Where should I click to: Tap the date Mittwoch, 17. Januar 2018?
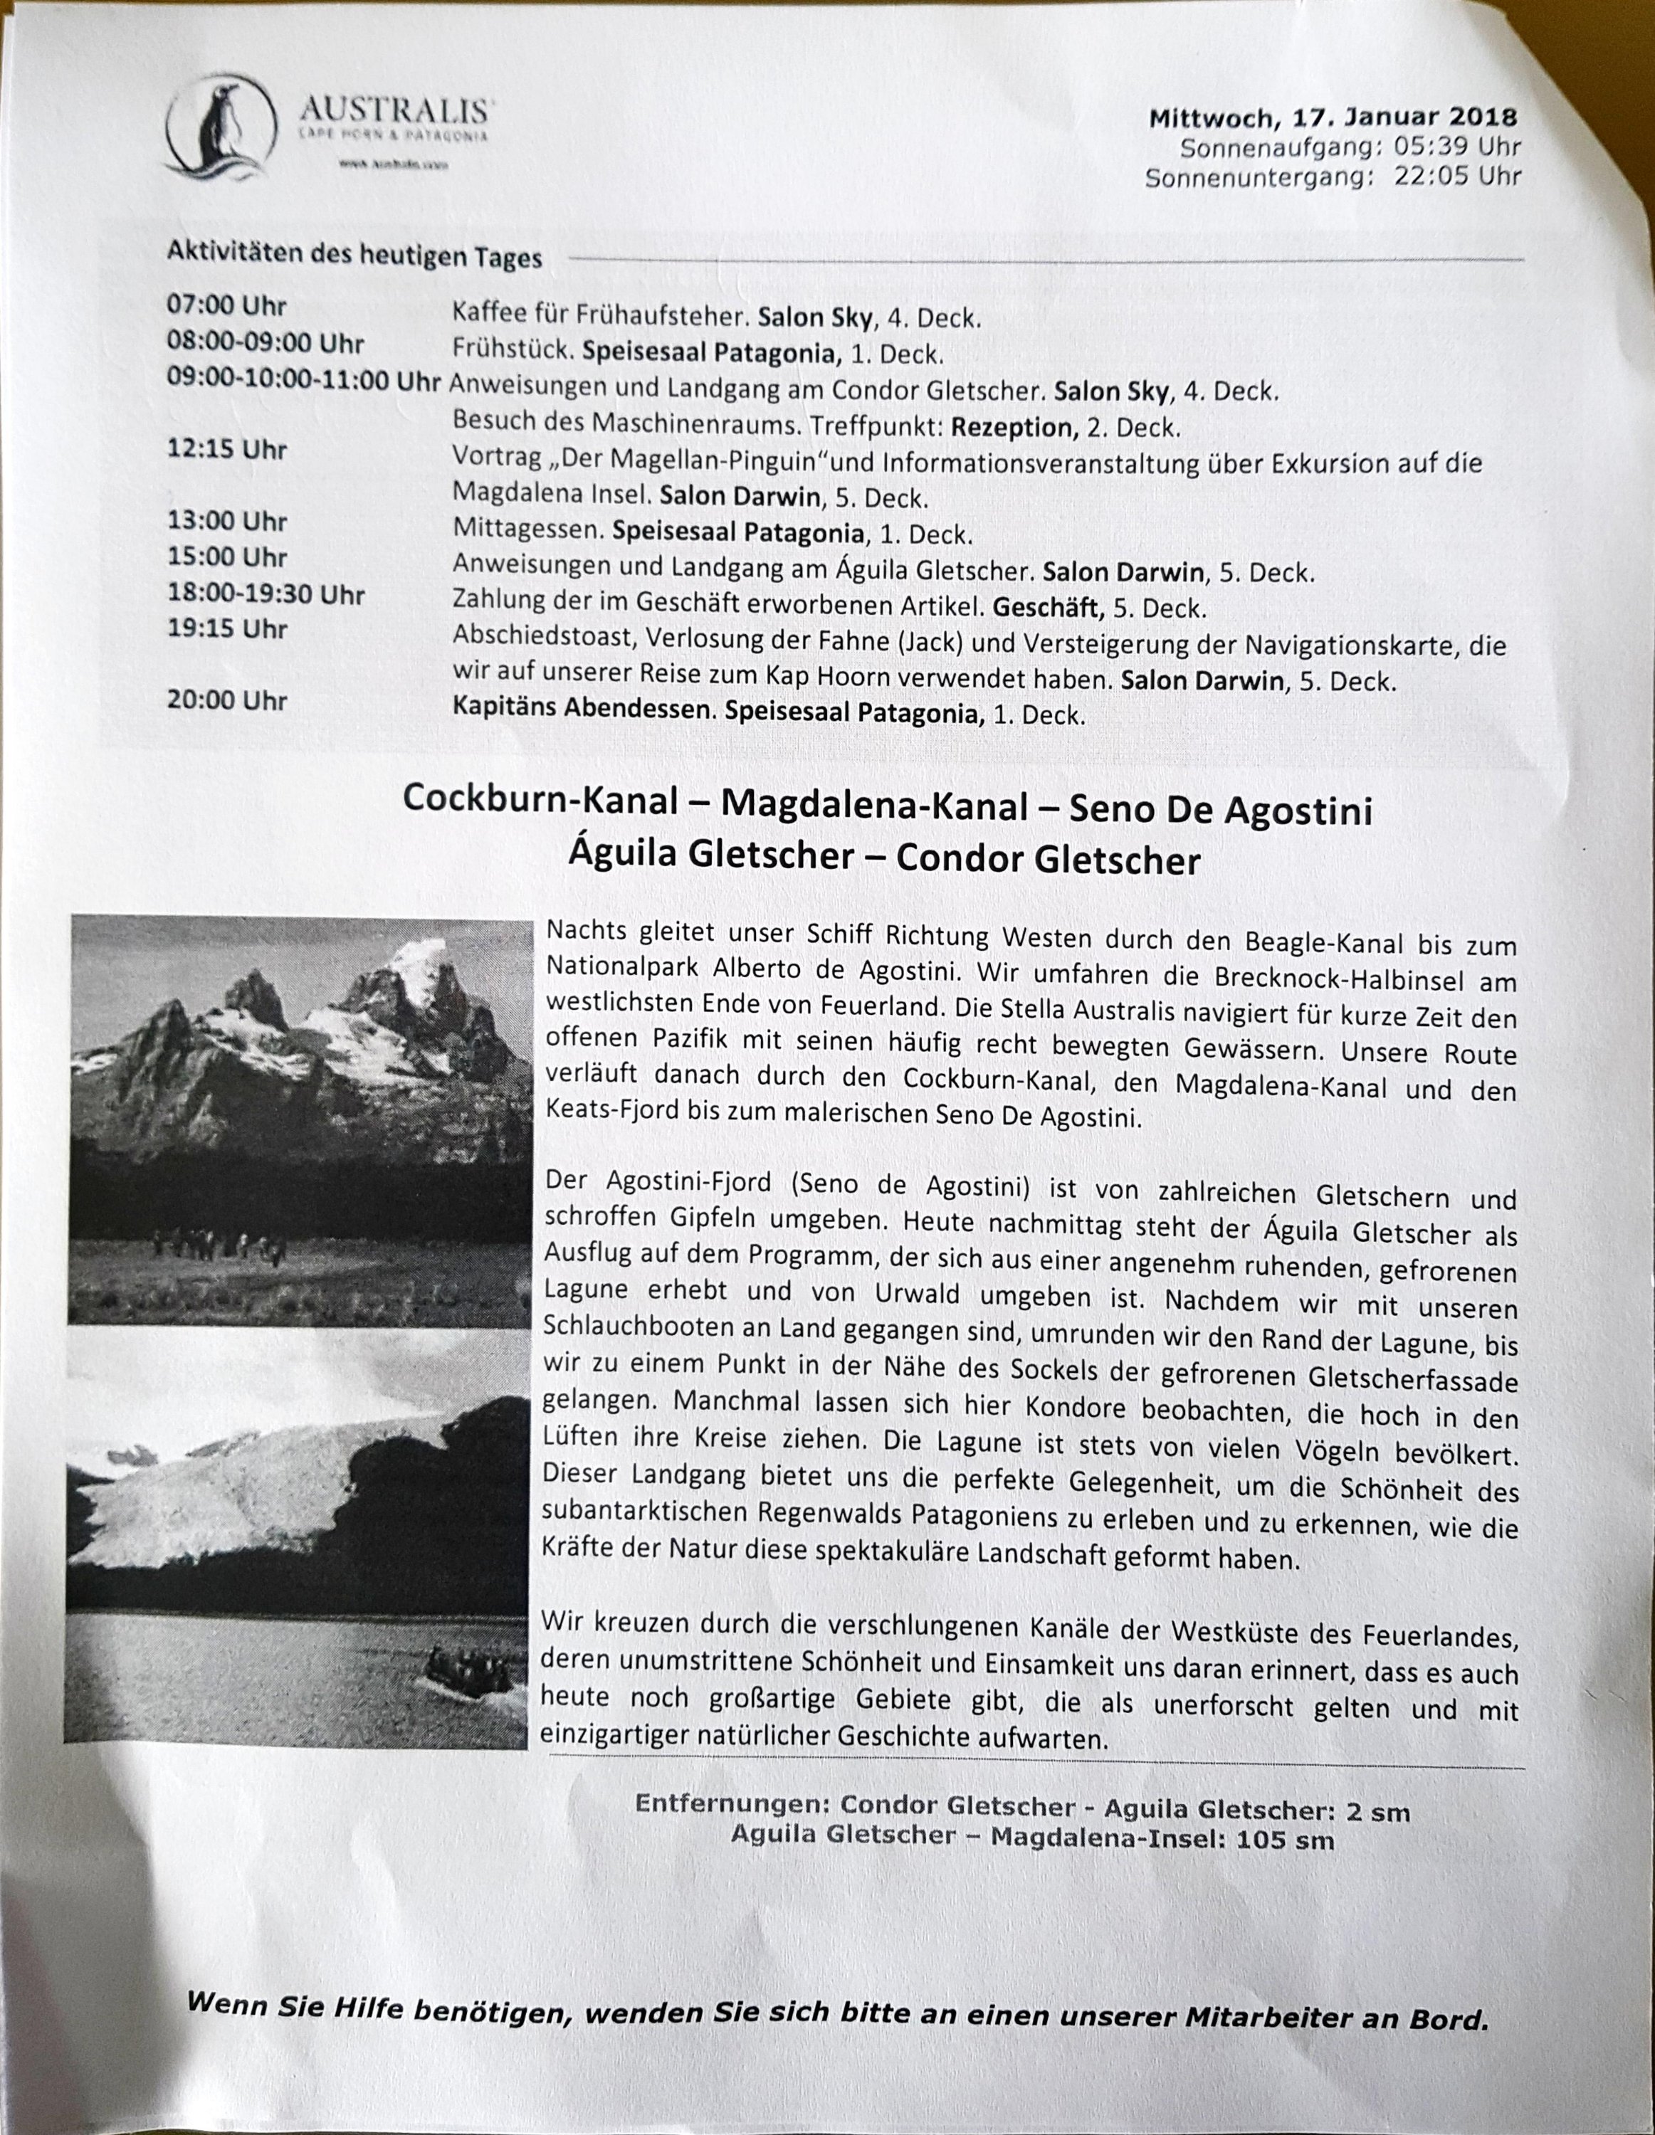tap(1333, 118)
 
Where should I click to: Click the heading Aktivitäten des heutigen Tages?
tap(354, 256)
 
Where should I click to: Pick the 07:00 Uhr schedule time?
tap(226, 306)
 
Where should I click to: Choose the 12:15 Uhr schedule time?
tap(226, 450)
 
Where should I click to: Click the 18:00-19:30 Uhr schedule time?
tap(265, 594)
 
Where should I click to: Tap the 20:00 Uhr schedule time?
tap(226, 701)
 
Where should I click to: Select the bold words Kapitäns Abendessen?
tap(581, 710)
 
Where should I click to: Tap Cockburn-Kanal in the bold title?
tap(540, 800)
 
